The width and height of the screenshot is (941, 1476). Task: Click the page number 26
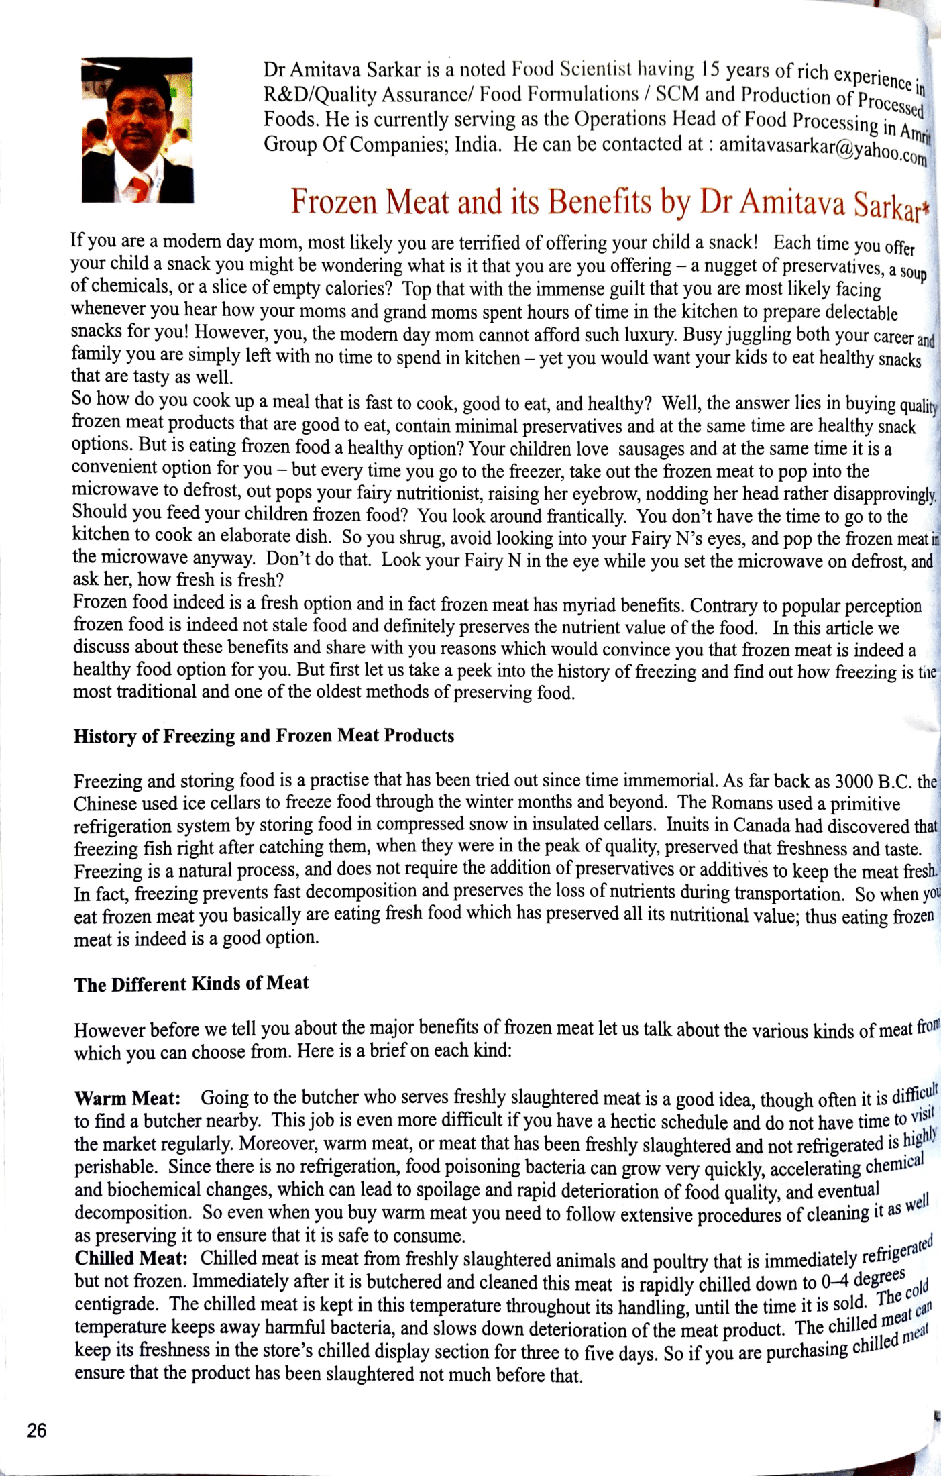(37, 1431)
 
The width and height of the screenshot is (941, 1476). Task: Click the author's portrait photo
(137, 130)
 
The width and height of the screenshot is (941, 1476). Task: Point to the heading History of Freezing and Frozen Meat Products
(264, 736)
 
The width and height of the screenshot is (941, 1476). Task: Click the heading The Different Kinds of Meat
(191, 984)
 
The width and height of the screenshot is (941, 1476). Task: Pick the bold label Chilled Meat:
(131, 1257)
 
